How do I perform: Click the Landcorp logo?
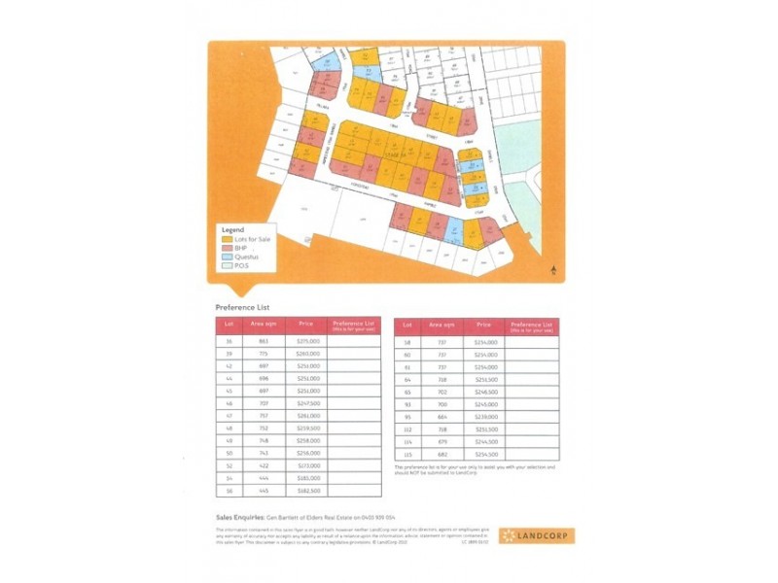[x=536, y=535]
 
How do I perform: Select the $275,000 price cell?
[x=306, y=342]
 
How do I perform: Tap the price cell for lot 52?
[x=306, y=465]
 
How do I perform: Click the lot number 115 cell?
[x=407, y=454]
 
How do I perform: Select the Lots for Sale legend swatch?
[x=228, y=238]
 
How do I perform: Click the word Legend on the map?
[x=233, y=229]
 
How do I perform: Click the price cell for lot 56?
[x=306, y=491]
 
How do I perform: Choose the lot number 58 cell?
[x=407, y=342]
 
